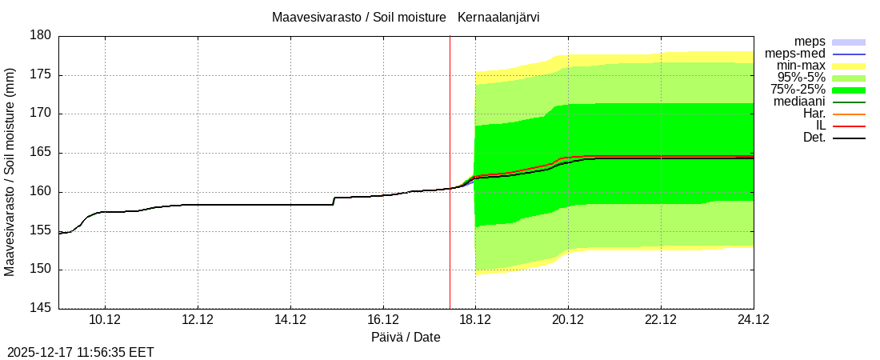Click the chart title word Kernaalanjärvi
(x=504, y=17)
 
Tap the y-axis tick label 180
(x=42, y=35)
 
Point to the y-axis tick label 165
(x=42, y=153)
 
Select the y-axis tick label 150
(x=42, y=270)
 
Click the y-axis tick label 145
(x=42, y=308)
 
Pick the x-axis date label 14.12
(x=290, y=320)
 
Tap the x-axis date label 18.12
(x=475, y=320)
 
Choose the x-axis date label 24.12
(x=754, y=320)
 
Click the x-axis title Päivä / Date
(x=406, y=338)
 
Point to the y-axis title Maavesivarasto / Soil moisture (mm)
(x=10, y=172)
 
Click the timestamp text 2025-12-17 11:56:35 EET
(x=81, y=352)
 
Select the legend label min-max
(x=801, y=66)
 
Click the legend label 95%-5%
(x=798, y=78)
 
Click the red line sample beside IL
(x=849, y=126)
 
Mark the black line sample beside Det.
(x=849, y=138)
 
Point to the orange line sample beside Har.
(x=849, y=114)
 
